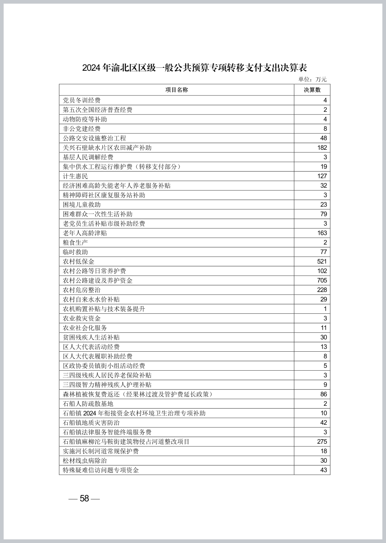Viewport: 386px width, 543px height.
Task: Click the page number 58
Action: coord(84,498)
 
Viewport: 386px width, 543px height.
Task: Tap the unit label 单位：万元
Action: coord(312,79)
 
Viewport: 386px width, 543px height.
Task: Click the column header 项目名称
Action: coord(177,90)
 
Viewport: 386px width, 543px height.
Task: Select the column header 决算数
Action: coord(312,90)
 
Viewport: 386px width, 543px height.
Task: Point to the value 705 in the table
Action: coord(322,280)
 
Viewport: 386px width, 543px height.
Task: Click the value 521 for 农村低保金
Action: coord(322,261)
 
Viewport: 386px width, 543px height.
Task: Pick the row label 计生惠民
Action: coord(75,176)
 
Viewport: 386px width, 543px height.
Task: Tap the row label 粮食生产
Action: coord(75,242)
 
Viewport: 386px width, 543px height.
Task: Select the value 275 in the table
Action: coord(322,441)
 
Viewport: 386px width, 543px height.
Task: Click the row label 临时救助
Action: coord(75,252)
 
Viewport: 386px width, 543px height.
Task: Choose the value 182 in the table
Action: coord(322,148)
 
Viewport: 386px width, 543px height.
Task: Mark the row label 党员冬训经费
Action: coord(82,100)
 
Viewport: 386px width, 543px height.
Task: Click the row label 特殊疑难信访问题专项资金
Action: coord(101,470)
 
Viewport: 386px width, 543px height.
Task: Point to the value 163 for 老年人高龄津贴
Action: coord(322,233)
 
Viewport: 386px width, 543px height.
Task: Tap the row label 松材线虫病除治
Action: coord(85,460)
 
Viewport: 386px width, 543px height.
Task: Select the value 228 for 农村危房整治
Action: coord(322,290)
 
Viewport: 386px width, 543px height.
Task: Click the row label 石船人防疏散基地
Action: coord(88,403)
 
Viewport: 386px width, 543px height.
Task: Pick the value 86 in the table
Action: coord(323,394)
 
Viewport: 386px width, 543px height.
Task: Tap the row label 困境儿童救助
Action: coord(82,204)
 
